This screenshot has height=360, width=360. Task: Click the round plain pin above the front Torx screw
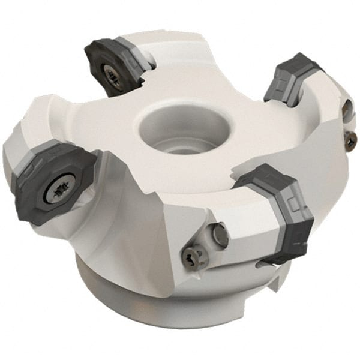tap(220, 235)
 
